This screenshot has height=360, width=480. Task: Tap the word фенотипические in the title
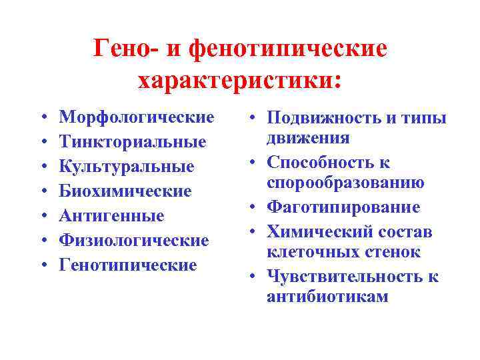[x=288, y=47]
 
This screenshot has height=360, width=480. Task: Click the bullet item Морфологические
[x=137, y=117]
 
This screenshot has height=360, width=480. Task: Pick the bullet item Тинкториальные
[x=133, y=142]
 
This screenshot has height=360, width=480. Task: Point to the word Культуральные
[x=127, y=167]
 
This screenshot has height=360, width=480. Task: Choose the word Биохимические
[x=125, y=191]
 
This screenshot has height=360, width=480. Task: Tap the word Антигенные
[x=111, y=216]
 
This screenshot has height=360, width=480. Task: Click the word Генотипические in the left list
[x=128, y=265]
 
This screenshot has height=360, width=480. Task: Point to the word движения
[x=308, y=138]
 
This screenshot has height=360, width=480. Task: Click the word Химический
[x=315, y=232]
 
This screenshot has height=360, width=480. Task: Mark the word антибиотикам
[x=327, y=297]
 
